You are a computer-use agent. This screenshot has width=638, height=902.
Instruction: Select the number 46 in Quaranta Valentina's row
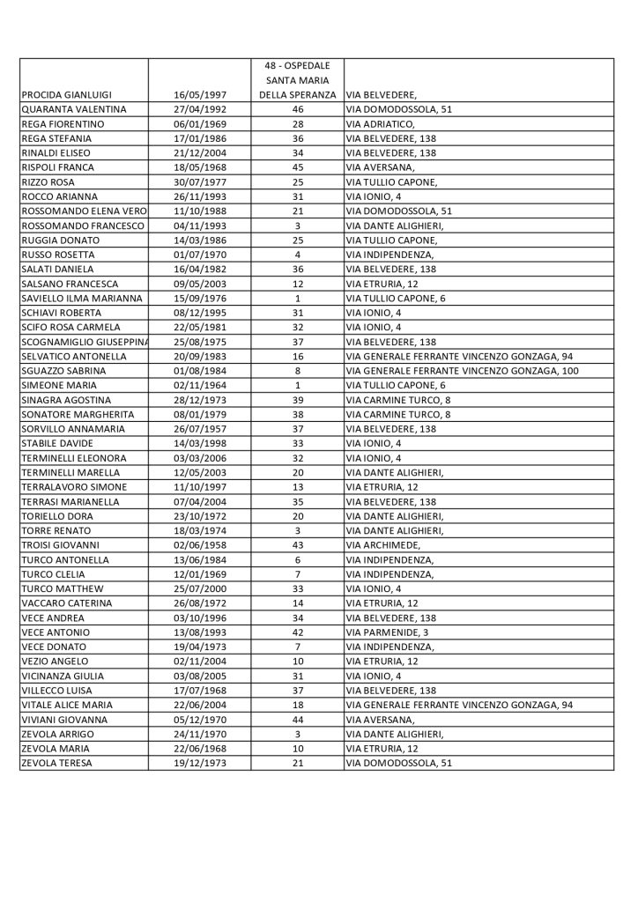296,109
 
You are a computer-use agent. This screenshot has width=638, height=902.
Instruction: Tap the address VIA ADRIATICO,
382,123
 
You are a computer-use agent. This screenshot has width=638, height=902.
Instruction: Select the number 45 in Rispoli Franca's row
296,167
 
